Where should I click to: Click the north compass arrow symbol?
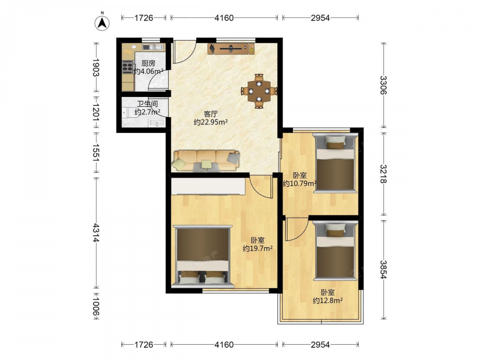point(102,23)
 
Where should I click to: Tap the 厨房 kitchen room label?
point(148,63)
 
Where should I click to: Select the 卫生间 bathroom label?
point(147,104)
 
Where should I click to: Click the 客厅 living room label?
point(211,114)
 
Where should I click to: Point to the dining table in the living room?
point(259,91)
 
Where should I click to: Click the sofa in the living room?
point(206,160)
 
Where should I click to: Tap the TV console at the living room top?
point(231,49)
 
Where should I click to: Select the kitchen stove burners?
point(127,67)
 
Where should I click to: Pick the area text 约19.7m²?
point(258,249)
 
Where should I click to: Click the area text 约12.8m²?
point(327,300)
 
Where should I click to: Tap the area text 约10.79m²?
point(300,184)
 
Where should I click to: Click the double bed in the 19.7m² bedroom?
point(203,256)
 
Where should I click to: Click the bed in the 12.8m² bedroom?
point(335,251)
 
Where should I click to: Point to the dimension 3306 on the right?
point(383,85)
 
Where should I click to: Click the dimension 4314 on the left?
point(96,233)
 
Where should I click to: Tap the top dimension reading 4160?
point(224,18)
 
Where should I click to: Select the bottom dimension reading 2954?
point(320,345)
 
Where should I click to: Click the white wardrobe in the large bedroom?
point(208,186)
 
